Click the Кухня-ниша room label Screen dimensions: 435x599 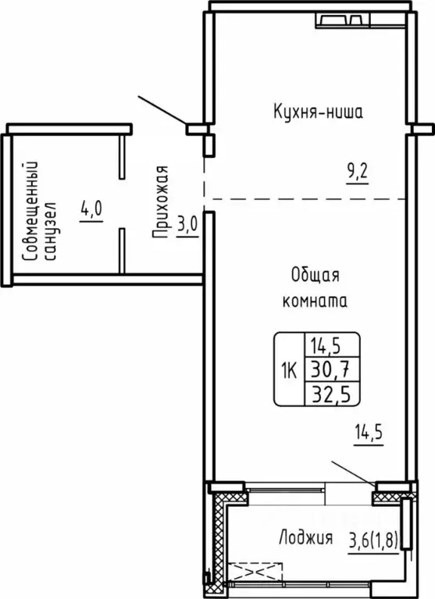pos(318,112)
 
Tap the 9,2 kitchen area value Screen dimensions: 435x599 pos(358,173)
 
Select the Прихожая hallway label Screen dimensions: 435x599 pos(160,202)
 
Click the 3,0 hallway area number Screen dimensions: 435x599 pos(187,225)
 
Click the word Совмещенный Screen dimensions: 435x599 pos(30,212)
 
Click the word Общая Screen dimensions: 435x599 pos(315,275)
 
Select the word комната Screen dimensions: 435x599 pos(315,301)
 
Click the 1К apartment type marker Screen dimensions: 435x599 pos(289,370)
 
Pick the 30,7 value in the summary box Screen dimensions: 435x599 pos(330,370)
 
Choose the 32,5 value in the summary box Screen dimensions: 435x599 pos(331,394)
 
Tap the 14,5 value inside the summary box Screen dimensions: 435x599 pos(326,346)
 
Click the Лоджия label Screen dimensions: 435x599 pos(306,538)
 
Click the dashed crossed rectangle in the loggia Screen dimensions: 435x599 pos(255,572)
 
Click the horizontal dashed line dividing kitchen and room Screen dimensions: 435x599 pos(305,199)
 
